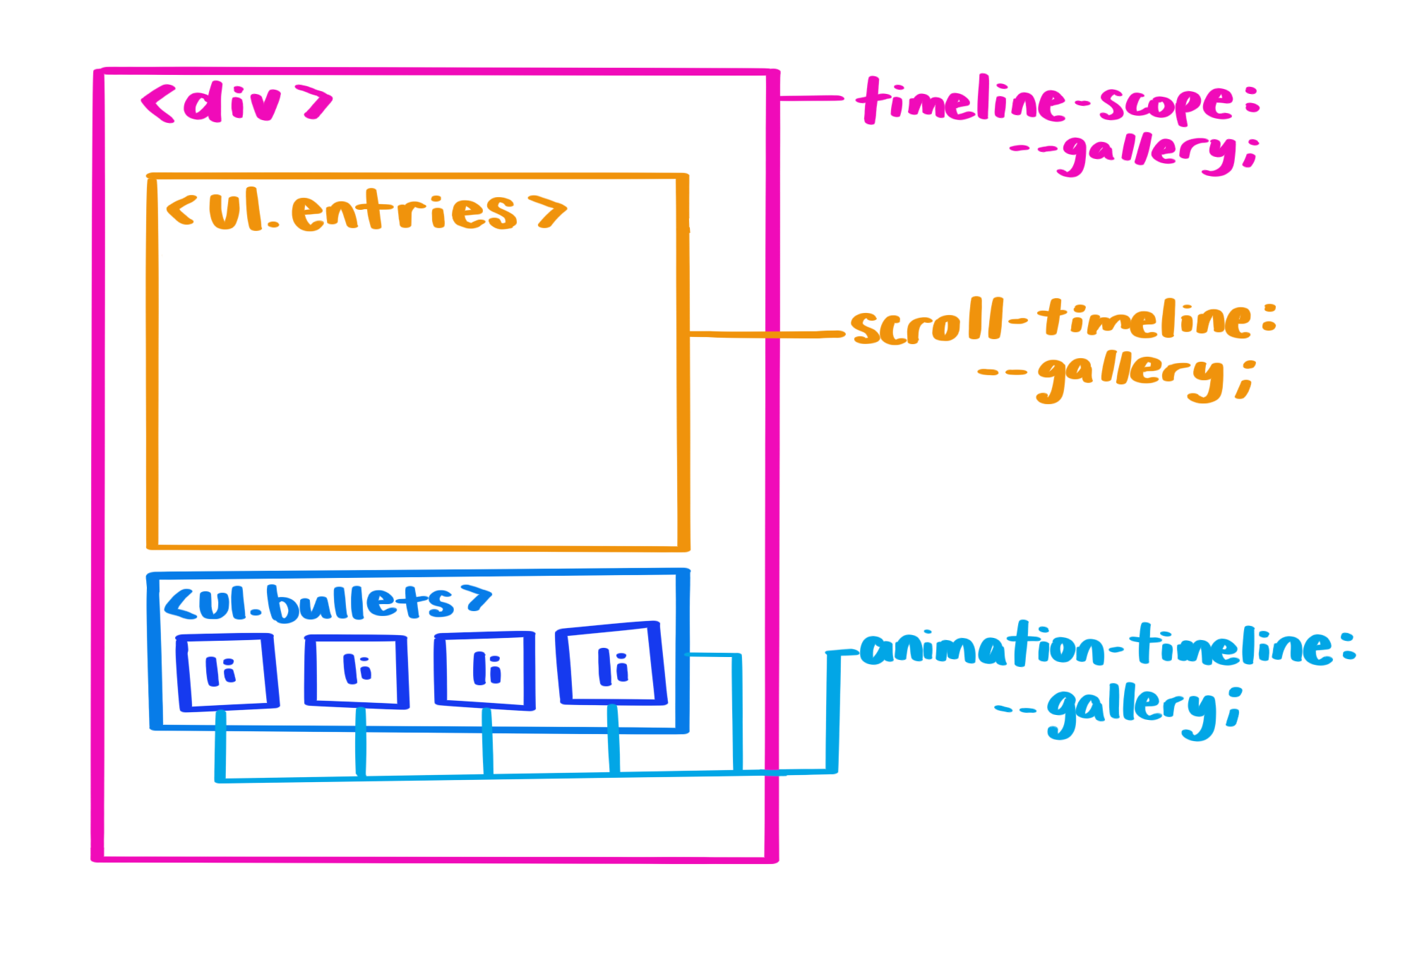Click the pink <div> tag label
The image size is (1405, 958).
237,103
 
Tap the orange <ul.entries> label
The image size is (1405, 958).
366,211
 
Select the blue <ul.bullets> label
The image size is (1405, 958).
327,603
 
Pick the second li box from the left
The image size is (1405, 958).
357,670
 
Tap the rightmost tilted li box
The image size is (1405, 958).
611,664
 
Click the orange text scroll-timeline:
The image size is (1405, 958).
1063,321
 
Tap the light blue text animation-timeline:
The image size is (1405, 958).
1107,646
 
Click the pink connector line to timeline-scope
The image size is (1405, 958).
812,98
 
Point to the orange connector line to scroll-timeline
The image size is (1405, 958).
770,334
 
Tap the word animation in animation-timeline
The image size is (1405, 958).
981,646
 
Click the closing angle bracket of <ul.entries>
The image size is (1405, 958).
551,211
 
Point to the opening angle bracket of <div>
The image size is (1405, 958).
157,105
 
